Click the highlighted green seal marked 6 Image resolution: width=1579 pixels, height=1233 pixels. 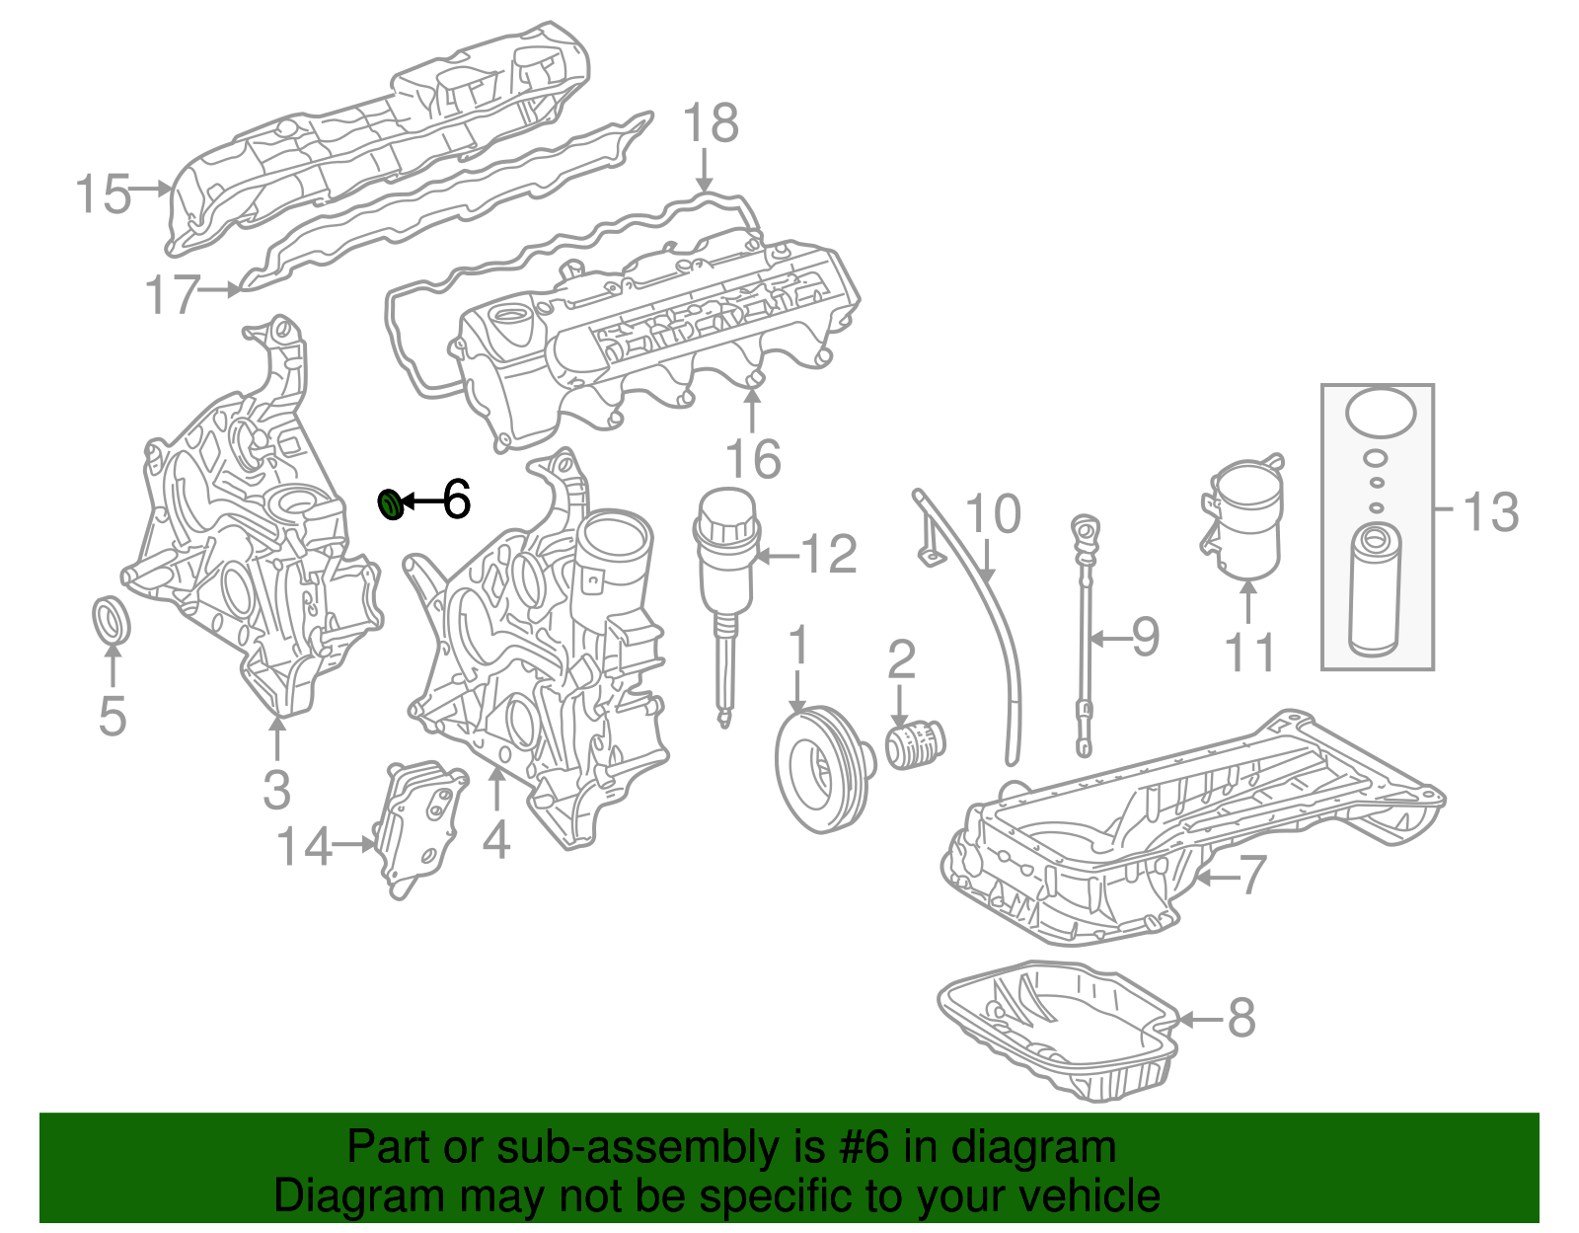point(392,503)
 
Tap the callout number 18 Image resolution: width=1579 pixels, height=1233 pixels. point(710,123)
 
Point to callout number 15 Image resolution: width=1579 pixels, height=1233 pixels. point(103,193)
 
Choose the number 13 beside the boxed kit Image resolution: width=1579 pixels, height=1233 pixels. point(1490,511)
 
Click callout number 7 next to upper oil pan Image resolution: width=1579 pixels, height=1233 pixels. point(1250,875)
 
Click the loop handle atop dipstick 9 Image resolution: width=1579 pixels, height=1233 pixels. point(1085,530)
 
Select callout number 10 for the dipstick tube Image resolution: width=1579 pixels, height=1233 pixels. point(993,514)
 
